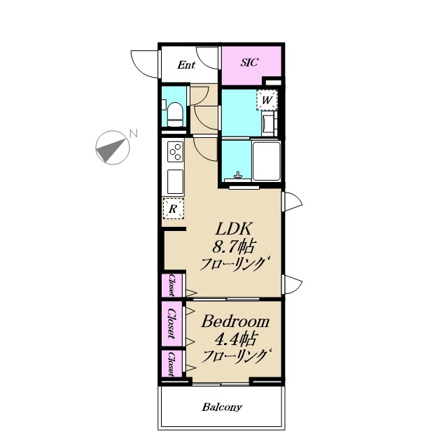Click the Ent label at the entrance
186,65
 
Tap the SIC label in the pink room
249,62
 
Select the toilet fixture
175,115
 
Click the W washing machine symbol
267,100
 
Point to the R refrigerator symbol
173,209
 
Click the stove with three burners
175,151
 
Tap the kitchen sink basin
175,182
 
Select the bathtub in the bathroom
266,161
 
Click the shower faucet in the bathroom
238,175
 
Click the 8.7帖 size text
233,246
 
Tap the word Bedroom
235,321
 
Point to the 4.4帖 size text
235,339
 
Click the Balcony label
222,407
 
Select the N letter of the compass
134,133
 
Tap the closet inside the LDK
171,285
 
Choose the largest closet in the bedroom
172,323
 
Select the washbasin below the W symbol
269,123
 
